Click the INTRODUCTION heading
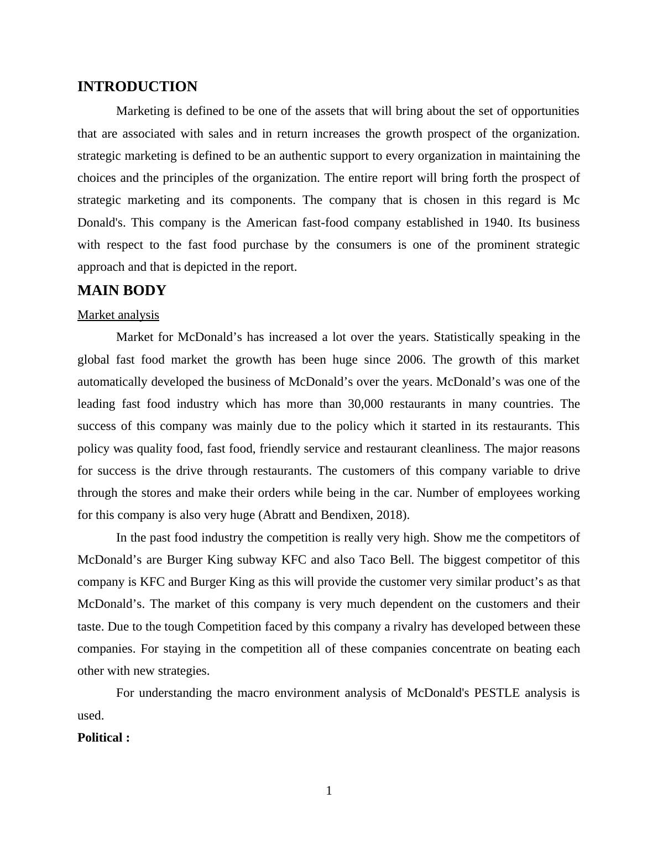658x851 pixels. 137,87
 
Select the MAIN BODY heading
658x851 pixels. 122,291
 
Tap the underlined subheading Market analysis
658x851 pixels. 118,315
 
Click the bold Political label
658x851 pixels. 103,738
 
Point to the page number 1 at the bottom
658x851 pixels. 329,791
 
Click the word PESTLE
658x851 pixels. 497,693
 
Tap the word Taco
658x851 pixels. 373,560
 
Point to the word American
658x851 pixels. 271,223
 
